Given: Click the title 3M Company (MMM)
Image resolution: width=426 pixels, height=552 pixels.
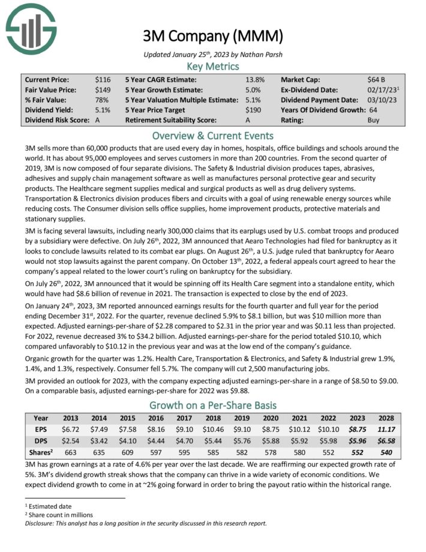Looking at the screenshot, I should pyautogui.click(x=212, y=37).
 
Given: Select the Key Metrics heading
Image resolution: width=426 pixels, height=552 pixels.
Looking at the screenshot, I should pyautogui.click(x=213, y=67).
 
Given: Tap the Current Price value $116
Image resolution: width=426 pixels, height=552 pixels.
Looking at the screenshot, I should pyautogui.click(x=103, y=79).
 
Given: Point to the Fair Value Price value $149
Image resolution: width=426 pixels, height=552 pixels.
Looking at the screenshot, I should pyautogui.click(x=103, y=89).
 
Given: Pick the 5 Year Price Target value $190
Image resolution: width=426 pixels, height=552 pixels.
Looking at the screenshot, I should pyautogui.click(x=255, y=110).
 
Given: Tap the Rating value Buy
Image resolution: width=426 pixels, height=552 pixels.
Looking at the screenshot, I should pyautogui.click(x=373, y=120).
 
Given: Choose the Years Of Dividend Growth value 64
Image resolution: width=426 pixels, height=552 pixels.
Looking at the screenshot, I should pyautogui.click(x=373, y=110).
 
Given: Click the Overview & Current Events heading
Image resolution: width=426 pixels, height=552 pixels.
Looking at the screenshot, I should pyautogui.click(x=213, y=136).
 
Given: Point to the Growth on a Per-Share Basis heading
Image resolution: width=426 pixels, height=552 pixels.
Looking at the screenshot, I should pyautogui.click(x=213, y=405).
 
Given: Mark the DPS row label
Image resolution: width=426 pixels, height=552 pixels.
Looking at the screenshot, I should pyautogui.click(x=41, y=441).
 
